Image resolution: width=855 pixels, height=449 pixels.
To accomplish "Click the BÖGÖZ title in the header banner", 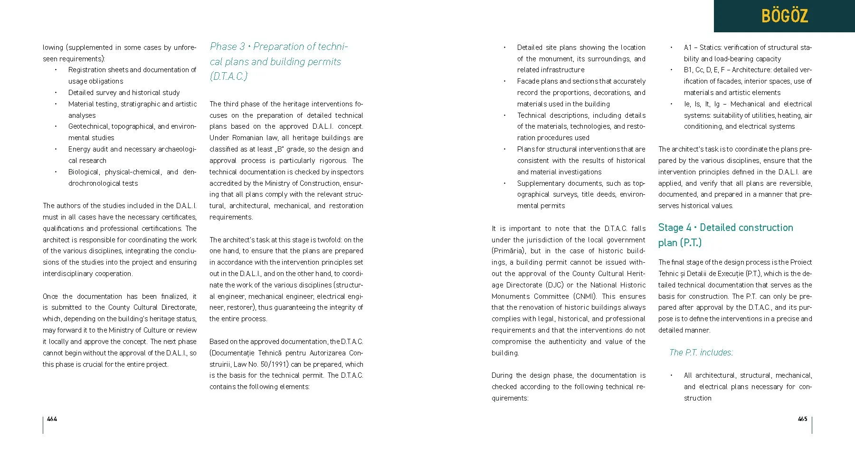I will (784, 16).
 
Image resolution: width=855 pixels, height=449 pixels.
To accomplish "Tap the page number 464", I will (52, 419).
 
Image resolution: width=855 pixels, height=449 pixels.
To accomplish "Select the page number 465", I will (802, 419).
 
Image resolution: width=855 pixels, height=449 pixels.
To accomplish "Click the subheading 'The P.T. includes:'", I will (701, 353).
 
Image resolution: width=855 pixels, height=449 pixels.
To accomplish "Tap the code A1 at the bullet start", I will (688, 48).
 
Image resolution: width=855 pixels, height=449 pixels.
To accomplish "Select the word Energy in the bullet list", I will (78, 149).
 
